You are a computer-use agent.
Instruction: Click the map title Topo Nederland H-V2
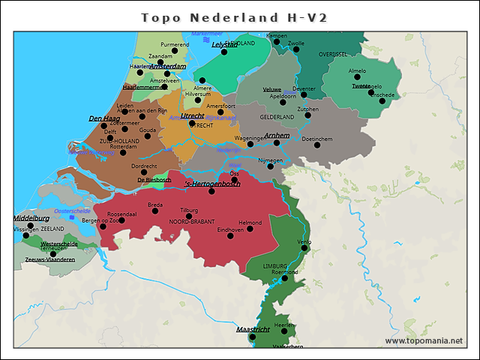[x=235, y=16]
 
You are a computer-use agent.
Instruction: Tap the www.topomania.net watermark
[x=424, y=340]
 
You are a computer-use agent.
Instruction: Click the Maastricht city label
[x=253, y=329]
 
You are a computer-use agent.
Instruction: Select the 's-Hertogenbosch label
[x=212, y=184]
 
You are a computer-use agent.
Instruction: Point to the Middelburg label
[x=31, y=218]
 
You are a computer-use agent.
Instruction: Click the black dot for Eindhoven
[x=230, y=235]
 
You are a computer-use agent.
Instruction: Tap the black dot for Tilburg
[x=189, y=216]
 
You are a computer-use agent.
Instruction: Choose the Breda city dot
[x=155, y=211]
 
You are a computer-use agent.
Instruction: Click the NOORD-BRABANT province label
[x=191, y=223]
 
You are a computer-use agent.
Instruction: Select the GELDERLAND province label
[x=277, y=118]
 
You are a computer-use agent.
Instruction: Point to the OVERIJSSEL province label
[x=333, y=55]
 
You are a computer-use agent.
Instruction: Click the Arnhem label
[x=277, y=135]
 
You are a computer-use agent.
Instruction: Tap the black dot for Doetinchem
[x=316, y=145]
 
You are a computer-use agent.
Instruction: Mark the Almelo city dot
[x=357, y=77]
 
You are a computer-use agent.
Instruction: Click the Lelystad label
[x=224, y=44]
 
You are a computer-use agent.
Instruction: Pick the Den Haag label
[x=104, y=118]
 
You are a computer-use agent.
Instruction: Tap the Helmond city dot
[x=250, y=228]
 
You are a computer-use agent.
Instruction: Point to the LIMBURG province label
[x=275, y=266]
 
